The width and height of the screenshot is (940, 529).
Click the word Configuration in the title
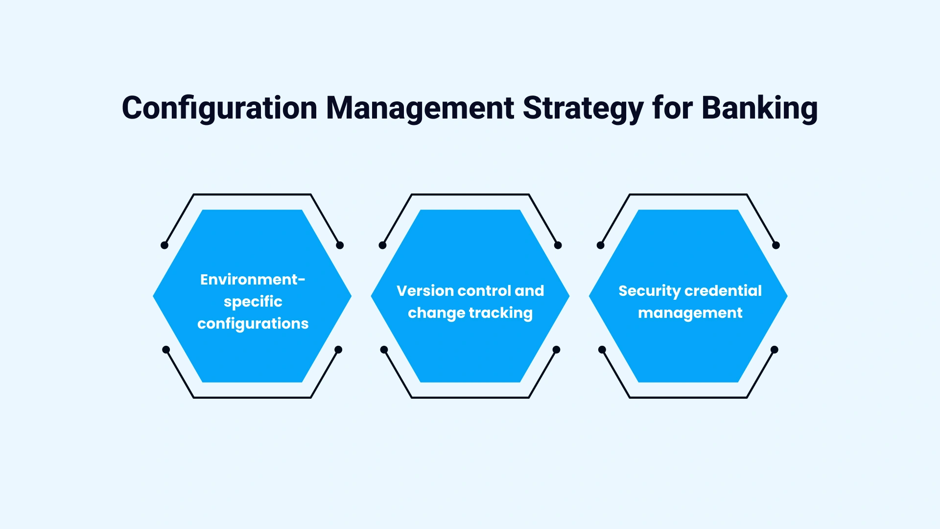pyautogui.click(x=219, y=108)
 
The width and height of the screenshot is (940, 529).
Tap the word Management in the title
pyautogui.click(x=420, y=108)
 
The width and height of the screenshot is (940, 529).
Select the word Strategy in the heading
pyautogui.click(x=583, y=108)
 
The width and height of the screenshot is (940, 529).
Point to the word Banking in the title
pyautogui.click(x=759, y=108)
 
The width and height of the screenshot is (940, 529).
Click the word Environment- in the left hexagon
pyautogui.click(x=253, y=279)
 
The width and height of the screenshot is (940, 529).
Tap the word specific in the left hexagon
pyautogui.click(x=253, y=301)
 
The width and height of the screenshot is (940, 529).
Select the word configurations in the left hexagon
pyautogui.click(x=253, y=323)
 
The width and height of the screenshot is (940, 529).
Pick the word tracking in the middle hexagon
pyautogui.click(x=501, y=313)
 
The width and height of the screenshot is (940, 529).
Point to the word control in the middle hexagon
pyautogui.click(x=484, y=290)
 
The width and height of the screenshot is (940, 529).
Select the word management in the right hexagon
pyautogui.click(x=690, y=313)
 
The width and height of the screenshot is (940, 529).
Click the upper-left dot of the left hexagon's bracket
pyautogui.click(x=164, y=245)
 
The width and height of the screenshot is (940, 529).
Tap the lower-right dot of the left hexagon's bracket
pyautogui.click(x=338, y=350)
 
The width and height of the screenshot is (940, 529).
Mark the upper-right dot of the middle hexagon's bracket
pyautogui.click(x=558, y=245)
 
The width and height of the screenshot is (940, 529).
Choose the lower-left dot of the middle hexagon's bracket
pyautogui.click(x=384, y=350)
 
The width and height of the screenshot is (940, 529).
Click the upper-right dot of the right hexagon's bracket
pyautogui.click(x=775, y=245)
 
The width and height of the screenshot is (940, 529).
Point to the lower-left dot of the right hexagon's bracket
pyautogui.click(x=602, y=350)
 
